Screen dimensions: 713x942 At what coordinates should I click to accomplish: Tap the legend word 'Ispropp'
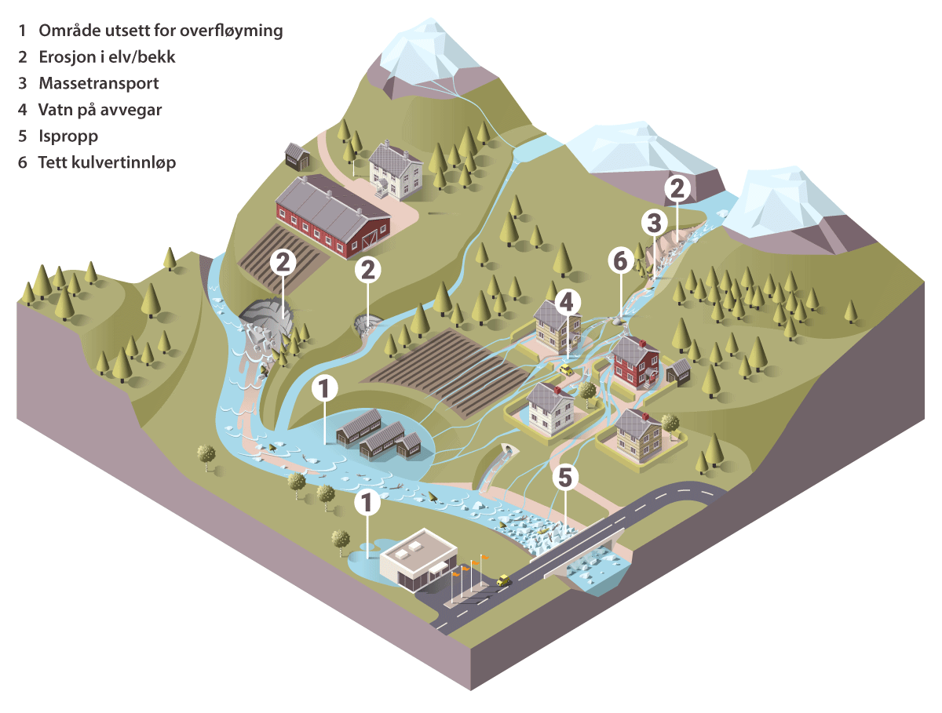pos(68,136)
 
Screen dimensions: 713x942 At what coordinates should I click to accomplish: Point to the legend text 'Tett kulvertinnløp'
pos(107,162)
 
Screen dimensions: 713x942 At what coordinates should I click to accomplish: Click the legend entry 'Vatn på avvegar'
pos(100,109)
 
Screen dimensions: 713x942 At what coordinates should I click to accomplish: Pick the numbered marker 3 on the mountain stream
pos(653,223)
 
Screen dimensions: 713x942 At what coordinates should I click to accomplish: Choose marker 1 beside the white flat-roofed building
pos(365,502)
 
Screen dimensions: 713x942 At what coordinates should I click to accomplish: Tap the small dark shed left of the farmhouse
pos(297,156)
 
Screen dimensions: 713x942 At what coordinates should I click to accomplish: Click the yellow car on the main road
pos(504,581)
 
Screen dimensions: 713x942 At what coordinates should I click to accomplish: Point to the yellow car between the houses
pos(564,369)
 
